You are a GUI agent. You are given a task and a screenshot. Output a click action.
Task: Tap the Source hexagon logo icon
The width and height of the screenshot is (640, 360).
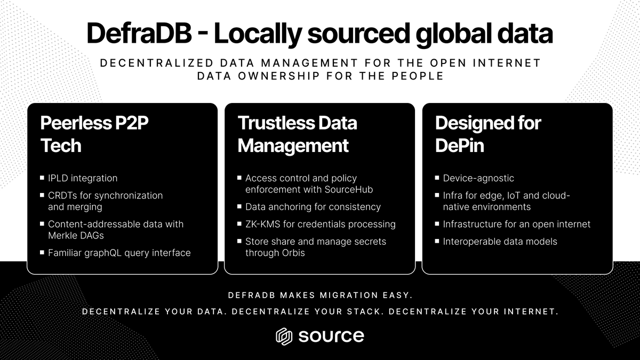click(x=284, y=336)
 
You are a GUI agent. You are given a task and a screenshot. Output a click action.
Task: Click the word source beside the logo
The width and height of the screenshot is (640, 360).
click(x=331, y=336)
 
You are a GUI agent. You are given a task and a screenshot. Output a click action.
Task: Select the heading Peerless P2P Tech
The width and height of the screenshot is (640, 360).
click(x=94, y=134)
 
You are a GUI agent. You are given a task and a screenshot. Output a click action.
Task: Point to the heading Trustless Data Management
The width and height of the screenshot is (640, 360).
click(x=297, y=134)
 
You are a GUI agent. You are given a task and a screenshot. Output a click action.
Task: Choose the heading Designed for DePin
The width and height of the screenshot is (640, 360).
click(x=487, y=134)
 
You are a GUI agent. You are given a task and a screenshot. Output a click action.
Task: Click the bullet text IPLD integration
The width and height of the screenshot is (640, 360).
click(x=83, y=178)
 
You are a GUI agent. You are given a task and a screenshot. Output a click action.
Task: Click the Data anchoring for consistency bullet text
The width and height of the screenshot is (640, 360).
click(x=313, y=207)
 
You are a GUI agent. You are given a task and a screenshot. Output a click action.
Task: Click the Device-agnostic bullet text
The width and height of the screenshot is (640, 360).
click(x=478, y=178)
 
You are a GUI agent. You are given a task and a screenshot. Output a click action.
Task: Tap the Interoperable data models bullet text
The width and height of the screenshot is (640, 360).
click(x=500, y=242)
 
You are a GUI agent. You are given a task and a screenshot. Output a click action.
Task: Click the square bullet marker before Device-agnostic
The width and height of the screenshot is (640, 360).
click(x=437, y=178)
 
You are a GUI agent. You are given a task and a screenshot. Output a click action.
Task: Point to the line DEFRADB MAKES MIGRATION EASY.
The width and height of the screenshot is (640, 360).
click(x=320, y=295)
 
